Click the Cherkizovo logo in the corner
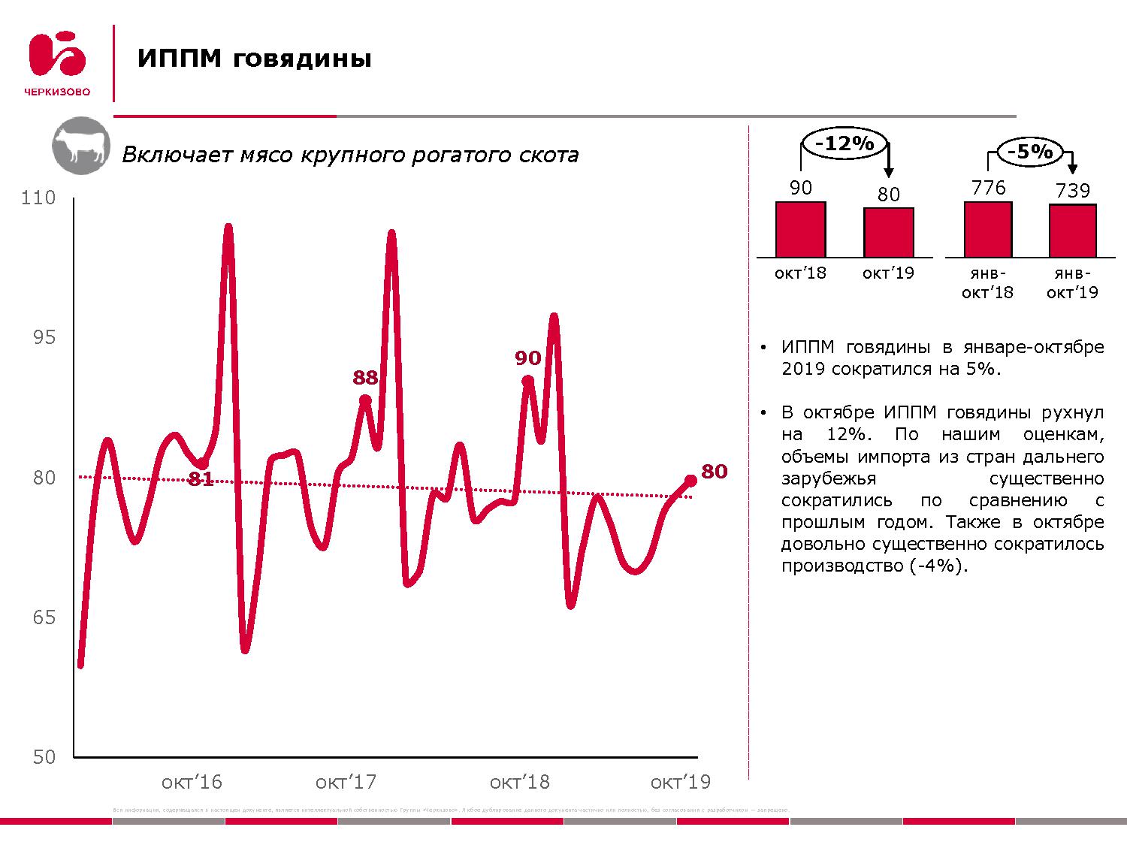tap(58, 63)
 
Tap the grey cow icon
tap(80, 146)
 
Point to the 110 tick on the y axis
tap(39, 198)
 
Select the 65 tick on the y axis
tap(44, 617)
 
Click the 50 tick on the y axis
tap(44, 757)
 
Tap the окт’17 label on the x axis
tap(346, 782)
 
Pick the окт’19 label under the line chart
tap(680, 782)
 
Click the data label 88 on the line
tap(365, 378)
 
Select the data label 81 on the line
tap(201, 479)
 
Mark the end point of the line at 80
tap(690, 481)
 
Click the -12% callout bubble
tap(844, 143)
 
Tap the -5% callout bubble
tap(1029, 152)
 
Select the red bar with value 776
tap(988, 229)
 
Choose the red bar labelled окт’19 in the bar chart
tap(888, 232)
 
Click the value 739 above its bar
tap(1072, 191)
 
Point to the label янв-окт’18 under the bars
tap(987, 282)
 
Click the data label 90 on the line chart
tap(528, 358)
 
